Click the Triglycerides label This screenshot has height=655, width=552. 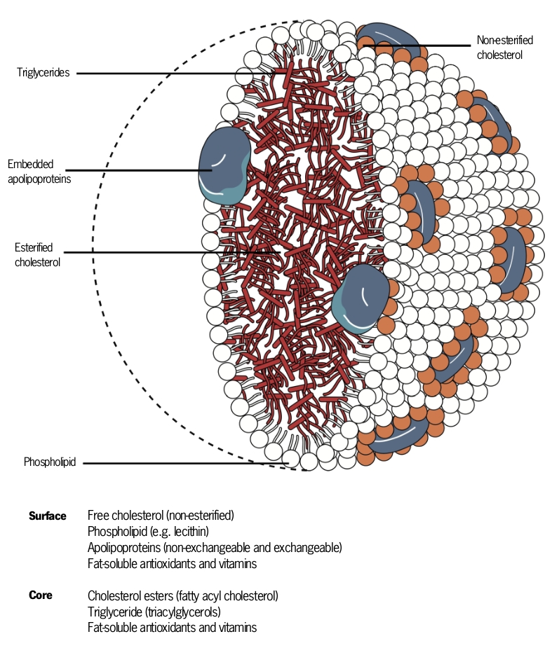(43, 72)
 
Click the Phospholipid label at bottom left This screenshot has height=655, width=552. (49, 462)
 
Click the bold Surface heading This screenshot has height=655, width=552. (48, 516)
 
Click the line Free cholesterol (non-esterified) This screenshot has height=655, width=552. (161, 516)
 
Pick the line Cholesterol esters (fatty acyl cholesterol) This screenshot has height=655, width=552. (183, 596)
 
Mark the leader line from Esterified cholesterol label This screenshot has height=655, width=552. (175, 252)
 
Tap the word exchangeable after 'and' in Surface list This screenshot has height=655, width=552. (307, 547)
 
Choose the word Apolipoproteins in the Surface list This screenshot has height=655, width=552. (121, 547)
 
